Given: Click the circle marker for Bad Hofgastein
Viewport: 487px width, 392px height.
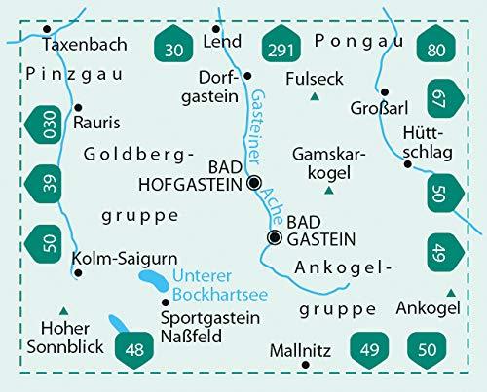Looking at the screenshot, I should (x=254, y=182).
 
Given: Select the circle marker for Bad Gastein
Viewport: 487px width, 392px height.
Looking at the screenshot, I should (x=275, y=236).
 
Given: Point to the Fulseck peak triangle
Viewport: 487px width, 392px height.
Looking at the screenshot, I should (x=314, y=98).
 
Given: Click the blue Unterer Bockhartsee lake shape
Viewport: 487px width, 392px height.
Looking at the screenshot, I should (x=153, y=282).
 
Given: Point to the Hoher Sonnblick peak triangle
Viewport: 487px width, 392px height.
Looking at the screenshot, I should (x=62, y=309).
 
